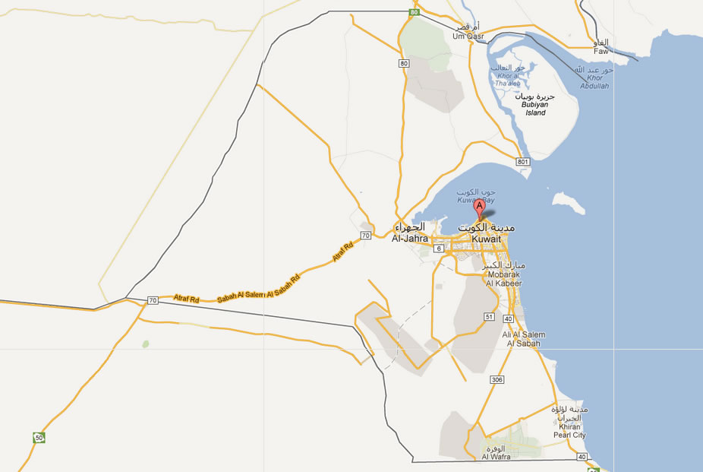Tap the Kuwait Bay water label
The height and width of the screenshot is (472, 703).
click(x=476, y=198)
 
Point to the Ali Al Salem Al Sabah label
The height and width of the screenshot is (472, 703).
click(x=522, y=339)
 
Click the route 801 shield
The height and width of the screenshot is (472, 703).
click(x=522, y=162)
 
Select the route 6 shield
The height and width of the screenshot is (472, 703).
click(x=439, y=249)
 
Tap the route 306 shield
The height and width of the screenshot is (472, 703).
click(x=497, y=379)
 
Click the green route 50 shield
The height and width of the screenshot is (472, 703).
click(x=39, y=437)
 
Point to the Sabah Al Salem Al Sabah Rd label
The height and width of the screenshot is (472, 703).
click(x=258, y=287)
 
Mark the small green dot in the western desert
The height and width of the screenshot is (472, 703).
click(x=145, y=344)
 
